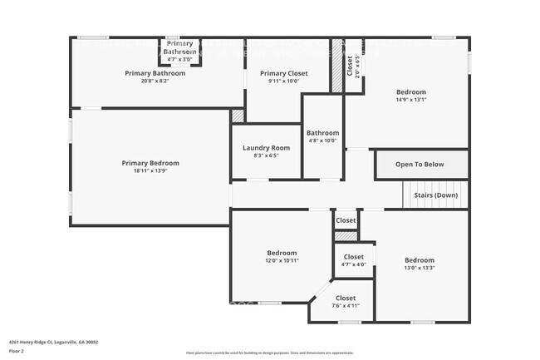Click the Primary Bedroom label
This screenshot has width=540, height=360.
pos(150,163)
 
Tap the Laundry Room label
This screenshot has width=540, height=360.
pos(266,148)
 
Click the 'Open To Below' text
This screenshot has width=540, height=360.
pos(419,164)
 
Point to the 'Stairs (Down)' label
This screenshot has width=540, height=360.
pos(435,195)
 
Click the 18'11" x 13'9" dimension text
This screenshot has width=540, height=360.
pos(150,170)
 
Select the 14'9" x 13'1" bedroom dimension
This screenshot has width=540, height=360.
pos(411,100)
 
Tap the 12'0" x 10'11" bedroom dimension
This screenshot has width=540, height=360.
pos(282,260)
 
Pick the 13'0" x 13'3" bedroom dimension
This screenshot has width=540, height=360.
pos(420,268)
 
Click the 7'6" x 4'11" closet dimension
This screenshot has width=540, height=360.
pos(346,305)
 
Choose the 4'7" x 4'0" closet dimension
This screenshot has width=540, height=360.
pos(353,264)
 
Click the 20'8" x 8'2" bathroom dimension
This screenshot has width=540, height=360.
pos(155,81)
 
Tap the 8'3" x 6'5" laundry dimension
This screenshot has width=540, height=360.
pos(266,155)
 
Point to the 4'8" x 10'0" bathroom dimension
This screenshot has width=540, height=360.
pos(322,141)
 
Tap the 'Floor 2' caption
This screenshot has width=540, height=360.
pos(17,350)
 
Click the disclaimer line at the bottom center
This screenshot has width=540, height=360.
pos(269,353)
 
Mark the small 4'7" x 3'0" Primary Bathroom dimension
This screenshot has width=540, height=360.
pos(179,59)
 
